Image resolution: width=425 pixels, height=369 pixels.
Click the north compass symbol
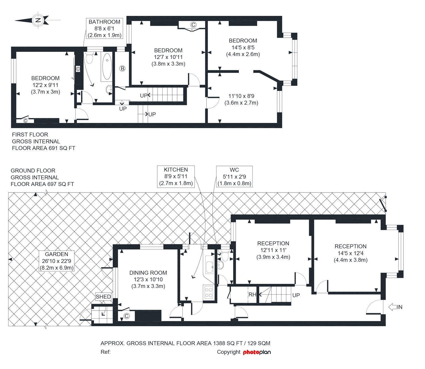38,20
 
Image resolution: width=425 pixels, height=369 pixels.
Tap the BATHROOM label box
104,28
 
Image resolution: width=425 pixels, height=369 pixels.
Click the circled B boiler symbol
122,68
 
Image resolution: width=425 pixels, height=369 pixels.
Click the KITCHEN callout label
176,176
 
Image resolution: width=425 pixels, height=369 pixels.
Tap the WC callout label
234,176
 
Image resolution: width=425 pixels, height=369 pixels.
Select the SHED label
103,297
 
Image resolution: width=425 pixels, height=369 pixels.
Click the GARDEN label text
57,254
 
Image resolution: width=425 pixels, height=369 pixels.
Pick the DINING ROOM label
148,273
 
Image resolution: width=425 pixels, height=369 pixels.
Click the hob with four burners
209,292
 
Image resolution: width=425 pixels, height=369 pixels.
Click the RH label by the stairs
252,295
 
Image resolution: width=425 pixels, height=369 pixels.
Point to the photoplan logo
257,352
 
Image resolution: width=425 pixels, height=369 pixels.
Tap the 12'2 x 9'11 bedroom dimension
45,85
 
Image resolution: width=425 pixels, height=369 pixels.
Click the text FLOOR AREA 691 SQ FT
43,148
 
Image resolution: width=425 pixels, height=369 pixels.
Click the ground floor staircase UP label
296,295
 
